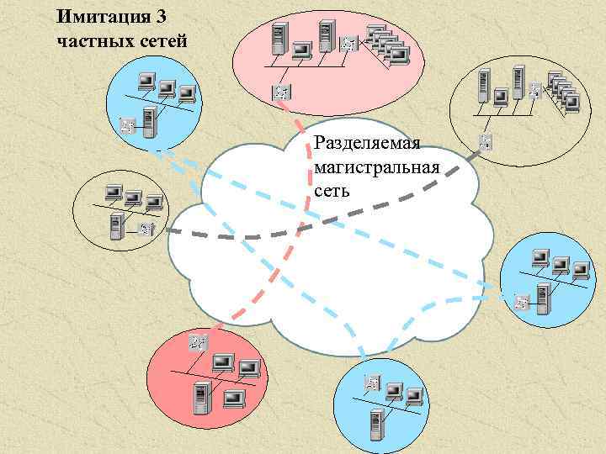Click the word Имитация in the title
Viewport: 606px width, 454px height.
click(x=98, y=16)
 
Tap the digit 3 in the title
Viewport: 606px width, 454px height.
click(x=151, y=16)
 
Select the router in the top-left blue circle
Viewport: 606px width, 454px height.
click(x=128, y=125)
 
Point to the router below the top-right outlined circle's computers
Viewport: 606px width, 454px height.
click(x=486, y=141)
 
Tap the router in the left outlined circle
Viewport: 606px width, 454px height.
click(x=146, y=227)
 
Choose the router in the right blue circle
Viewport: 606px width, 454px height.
click(x=524, y=301)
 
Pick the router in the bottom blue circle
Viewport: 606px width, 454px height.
click(x=370, y=383)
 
